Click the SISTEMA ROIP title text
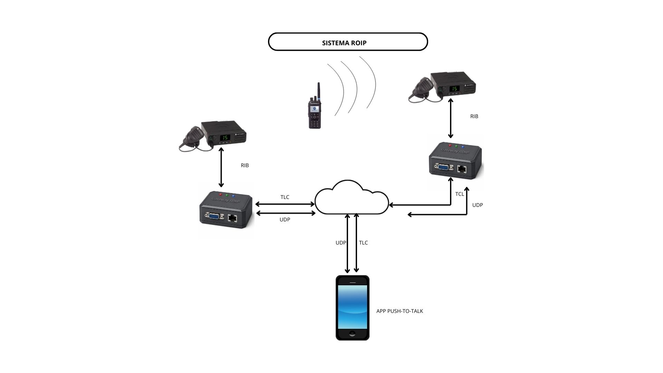pos(344,43)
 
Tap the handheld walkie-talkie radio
pos(315,109)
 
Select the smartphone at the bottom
pos(352,307)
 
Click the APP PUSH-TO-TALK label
pos(400,311)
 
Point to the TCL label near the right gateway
pos(459,194)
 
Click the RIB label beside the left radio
pos(244,165)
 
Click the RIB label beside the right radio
pos(474,116)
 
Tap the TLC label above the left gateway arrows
pos(285,197)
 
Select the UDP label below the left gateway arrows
pos(285,220)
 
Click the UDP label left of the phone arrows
pos(340,243)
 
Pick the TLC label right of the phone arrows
pos(363,243)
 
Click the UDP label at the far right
pos(477,205)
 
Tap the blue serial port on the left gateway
pos(213,216)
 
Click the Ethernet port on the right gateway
pos(462,169)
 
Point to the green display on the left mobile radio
pos(225,137)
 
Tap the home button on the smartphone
pos(352,334)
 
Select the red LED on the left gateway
pos(221,195)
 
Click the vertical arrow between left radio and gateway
pos(221,167)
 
